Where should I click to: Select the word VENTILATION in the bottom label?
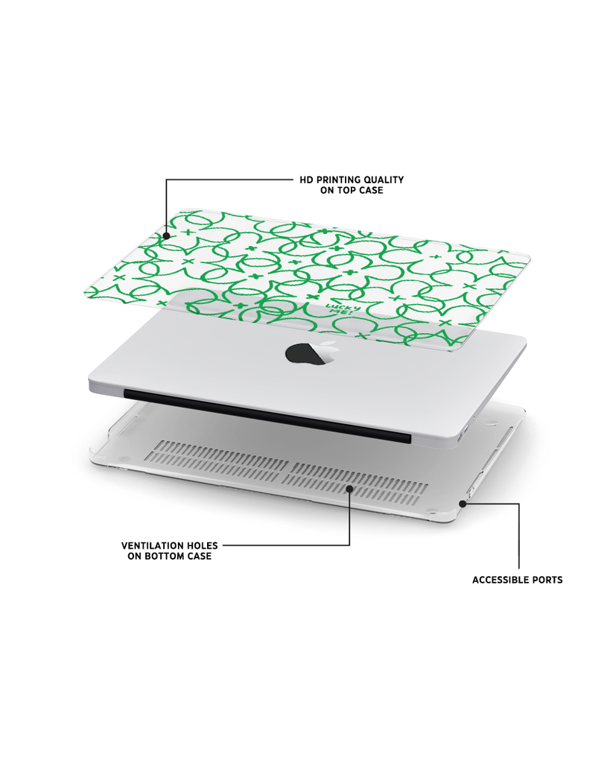(x=152, y=545)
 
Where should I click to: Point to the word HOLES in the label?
(x=202, y=545)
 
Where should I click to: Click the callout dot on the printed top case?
(x=166, y=236)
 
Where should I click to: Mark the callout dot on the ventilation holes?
(x=349, y=488)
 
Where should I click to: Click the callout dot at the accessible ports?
(x=463, y=504)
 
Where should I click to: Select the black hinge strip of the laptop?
(x=267, y=416)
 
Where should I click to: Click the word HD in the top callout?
(x=306, y=180)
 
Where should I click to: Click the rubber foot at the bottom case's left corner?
(x=123, y=458)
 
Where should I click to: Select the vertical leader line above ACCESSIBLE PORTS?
(x=519, y=536)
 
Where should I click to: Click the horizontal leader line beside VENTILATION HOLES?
(x=286, y=545)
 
